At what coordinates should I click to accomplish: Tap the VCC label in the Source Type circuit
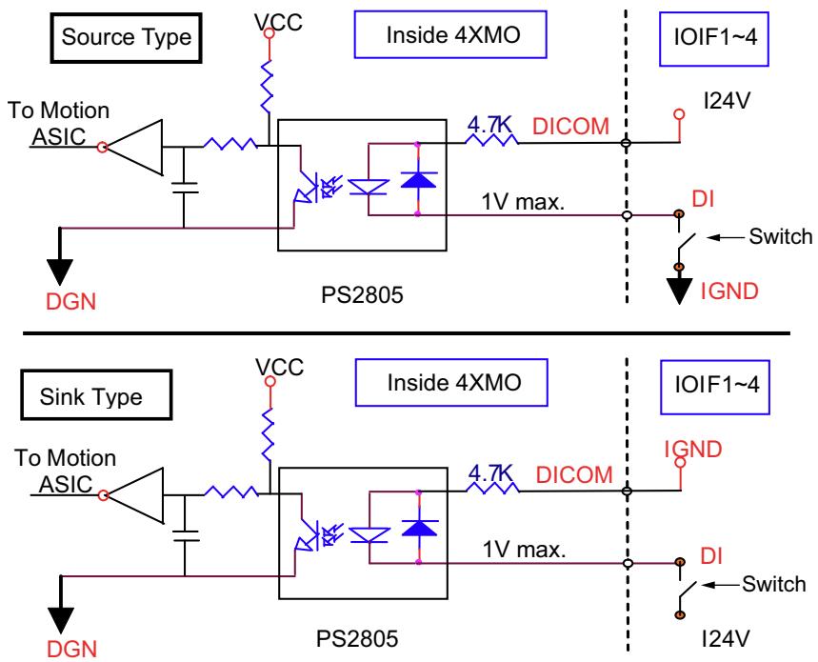click(x=278, y=23)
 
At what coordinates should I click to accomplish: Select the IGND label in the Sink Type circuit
click(x=693, y=450)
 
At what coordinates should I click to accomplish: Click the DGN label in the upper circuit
click(x=71, y=302)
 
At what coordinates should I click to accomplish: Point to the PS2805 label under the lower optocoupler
click(x=357, y=638)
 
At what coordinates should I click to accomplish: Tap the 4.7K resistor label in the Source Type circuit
click(x=489, y=125)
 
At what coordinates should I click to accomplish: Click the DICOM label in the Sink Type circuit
click(x=574, y=474)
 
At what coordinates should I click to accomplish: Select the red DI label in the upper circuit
click(x=703, y=199)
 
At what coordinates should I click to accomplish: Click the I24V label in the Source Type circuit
click(x=727, y=100)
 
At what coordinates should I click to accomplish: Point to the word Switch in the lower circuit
click(x=773, y=584)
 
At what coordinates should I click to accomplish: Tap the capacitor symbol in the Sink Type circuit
click(x=185, y=535)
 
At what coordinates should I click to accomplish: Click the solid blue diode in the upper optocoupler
click(x=418, y=179)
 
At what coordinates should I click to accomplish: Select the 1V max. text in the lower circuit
click(x=524, y=550)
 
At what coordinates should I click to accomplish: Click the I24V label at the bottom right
click(x=726, y=638)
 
